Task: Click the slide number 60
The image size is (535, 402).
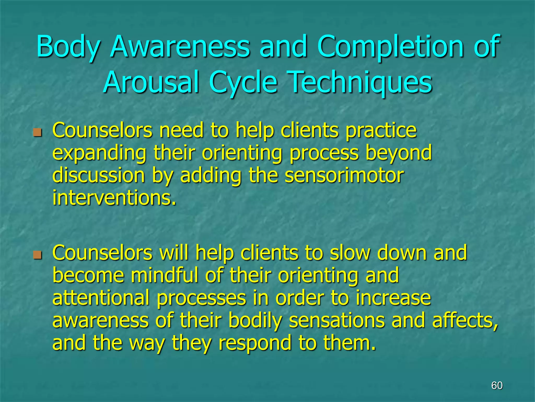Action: [x=497, y=386]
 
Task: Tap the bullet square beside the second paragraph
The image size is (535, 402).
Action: [x=38, y=254]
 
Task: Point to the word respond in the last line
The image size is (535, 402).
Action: [x=255, y=343]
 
